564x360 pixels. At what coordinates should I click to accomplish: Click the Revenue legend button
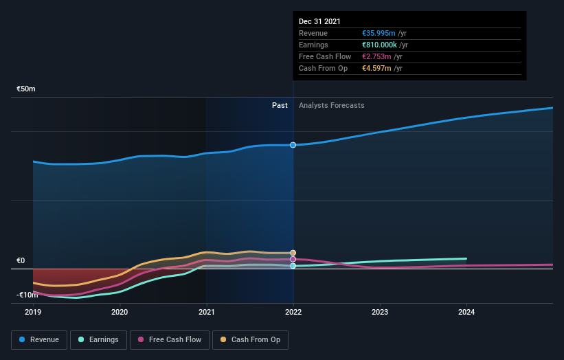[x=39, y=339]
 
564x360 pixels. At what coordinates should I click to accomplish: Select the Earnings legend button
[x=99, y=339]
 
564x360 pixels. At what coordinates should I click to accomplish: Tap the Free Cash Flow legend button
[x=169, y=339]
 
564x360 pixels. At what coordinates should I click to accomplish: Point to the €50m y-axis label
[x=26, y=89]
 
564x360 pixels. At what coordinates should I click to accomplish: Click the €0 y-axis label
[x=21, y=261]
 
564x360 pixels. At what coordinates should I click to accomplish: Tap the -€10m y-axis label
[x=27, y=295]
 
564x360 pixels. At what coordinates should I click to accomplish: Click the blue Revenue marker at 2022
[x=293, y=145]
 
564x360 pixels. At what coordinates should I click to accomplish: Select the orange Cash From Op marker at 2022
[x=293, y=253]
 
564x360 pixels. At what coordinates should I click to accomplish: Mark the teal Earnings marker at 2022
[x=293, y=266]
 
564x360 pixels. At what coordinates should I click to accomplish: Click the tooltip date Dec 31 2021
[x=319, y=22]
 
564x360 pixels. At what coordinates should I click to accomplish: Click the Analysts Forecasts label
[x=332, y=106]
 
